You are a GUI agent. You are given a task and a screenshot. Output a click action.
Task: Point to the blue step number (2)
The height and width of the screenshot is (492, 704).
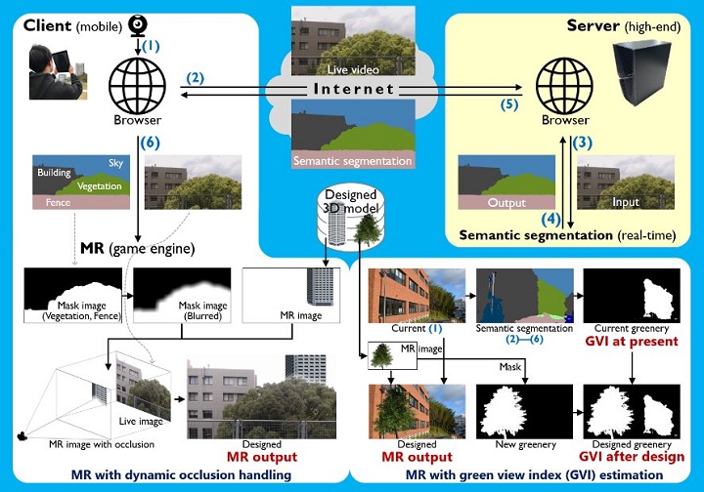[x=196, y=77]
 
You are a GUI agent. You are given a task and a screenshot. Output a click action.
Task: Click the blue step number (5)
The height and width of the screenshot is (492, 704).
[x=506, y=103]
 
